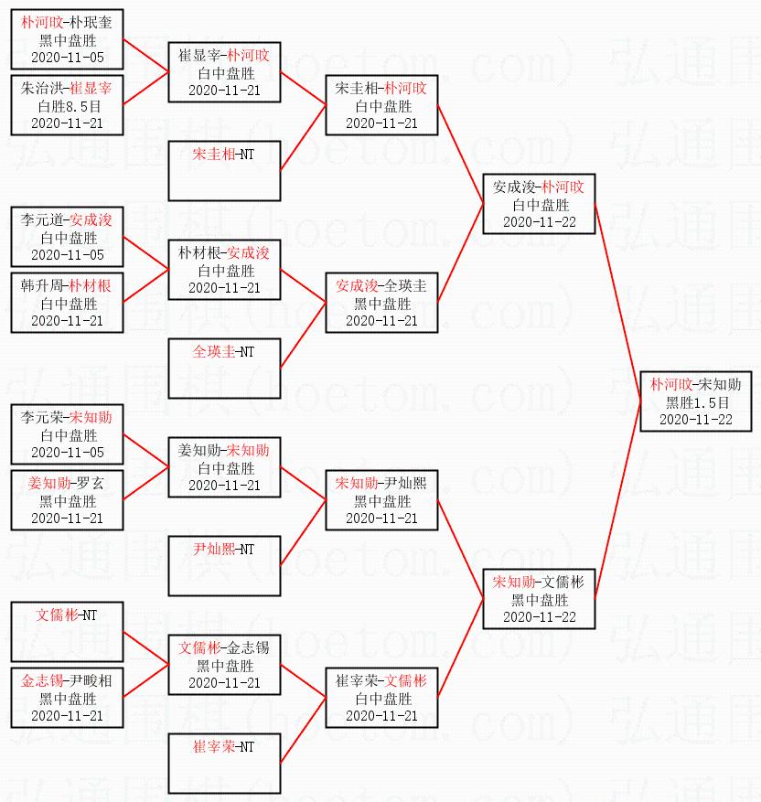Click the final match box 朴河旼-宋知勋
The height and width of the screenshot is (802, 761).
point(696,401)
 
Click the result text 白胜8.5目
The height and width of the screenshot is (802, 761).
point(68,105)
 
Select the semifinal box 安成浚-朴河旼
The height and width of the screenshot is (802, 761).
point(539,204)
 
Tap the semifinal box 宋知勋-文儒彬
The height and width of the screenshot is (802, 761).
point(539,599)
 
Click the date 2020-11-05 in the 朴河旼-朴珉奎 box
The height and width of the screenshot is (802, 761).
point(68,58)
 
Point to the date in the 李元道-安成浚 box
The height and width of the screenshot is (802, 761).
point(68,255)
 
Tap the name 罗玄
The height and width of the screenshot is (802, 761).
point(89,483)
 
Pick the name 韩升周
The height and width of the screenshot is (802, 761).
point(40,285)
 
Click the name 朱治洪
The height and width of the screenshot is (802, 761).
point(40,88)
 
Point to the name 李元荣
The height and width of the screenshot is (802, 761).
point(40,417)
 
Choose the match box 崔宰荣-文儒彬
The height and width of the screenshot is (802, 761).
point(381,698)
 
